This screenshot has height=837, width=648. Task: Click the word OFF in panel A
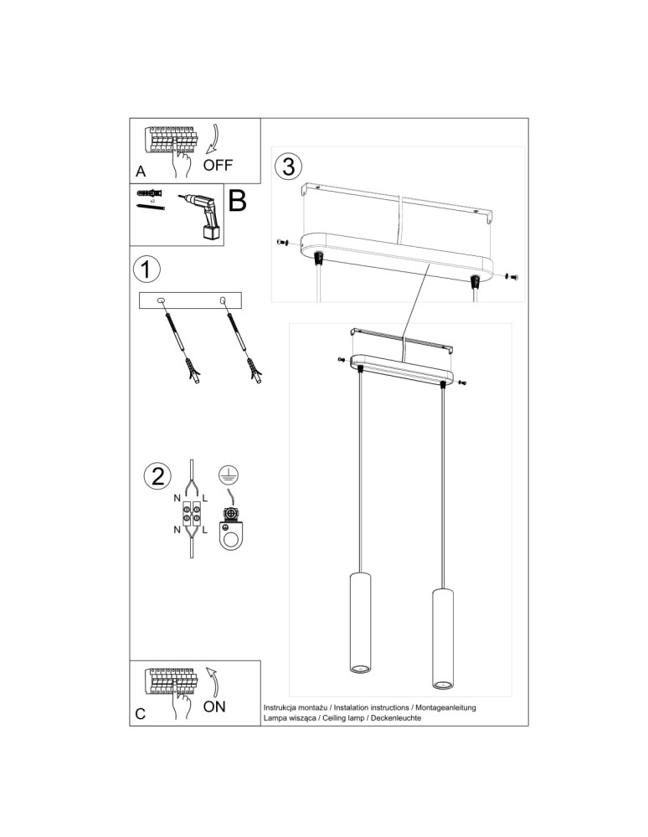pos(218,164)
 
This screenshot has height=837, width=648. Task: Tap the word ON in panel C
pos(214,706)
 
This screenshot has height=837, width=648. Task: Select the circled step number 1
pos(146,270)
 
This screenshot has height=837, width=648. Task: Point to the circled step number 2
pos(157,476)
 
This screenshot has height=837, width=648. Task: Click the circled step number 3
pos(287,166)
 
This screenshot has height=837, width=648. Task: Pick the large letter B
pos(237,201)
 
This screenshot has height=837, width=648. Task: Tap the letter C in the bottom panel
pos(141,714)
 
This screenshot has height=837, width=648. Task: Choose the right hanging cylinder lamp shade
pos(441,639)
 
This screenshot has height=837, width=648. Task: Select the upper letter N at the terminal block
pos(177,499)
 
